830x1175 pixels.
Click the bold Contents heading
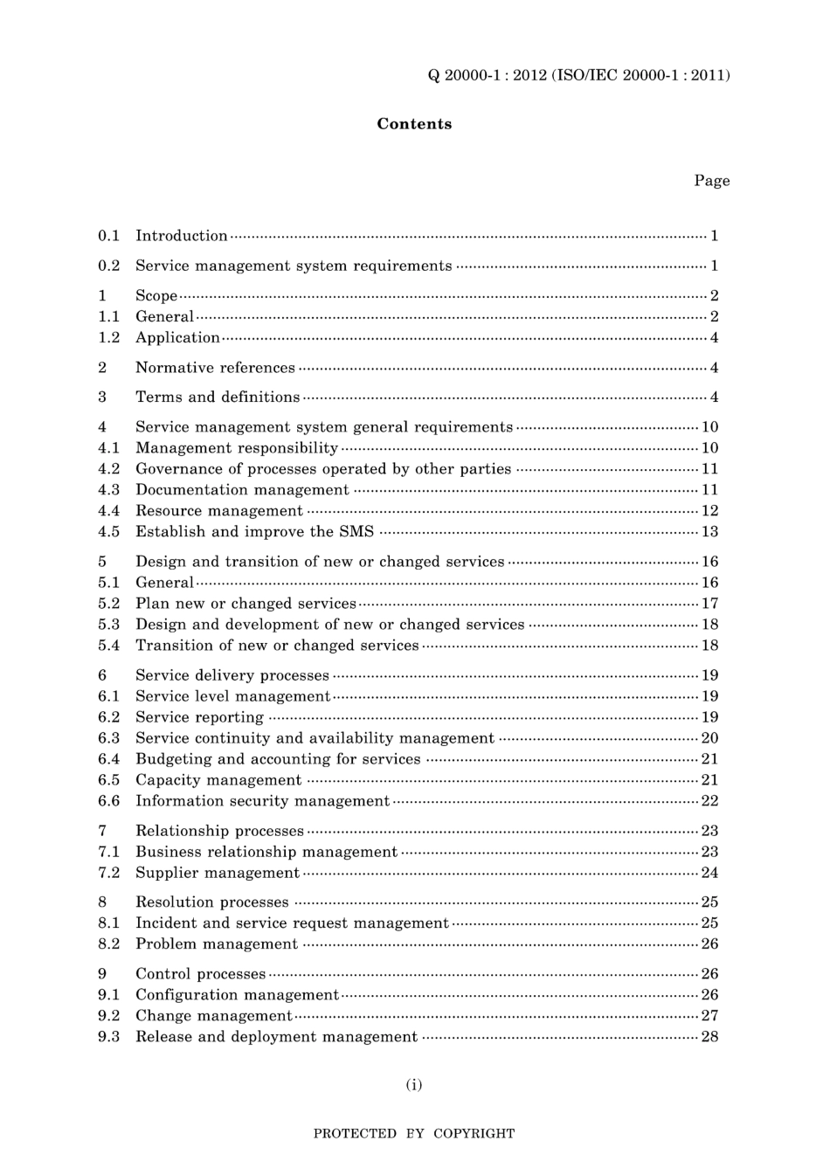click(x=414, y=124)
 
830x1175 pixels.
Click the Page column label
click(x=711, y=181)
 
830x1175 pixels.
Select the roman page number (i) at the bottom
click(x=413, y=1085)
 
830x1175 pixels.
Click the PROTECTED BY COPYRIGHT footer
click(x=413, y=1134)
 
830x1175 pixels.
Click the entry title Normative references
click(x=215, y=368)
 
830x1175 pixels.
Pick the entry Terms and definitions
click(x=218, y=397)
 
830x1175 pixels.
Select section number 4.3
click(x=108, y=490)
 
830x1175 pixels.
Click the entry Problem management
click(x=216, y=944)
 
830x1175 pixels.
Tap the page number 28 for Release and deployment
click(x=709, y=1037)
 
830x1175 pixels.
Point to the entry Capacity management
click(x=218, y=780)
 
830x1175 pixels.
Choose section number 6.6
click(x=108, y=801)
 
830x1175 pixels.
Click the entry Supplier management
click(x=217, y=873)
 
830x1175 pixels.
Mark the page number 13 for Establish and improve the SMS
click(x=709, y=532)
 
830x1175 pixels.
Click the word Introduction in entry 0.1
click(x=181, y=236)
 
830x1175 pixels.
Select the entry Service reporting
click(x=199, y=717)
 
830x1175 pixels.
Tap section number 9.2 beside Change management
click(x=108, y=1016)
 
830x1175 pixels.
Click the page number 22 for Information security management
click(x=709, y=801)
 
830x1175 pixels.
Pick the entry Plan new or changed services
click(x=246, y=604)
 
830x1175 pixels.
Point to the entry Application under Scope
click(x=177, y=338)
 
